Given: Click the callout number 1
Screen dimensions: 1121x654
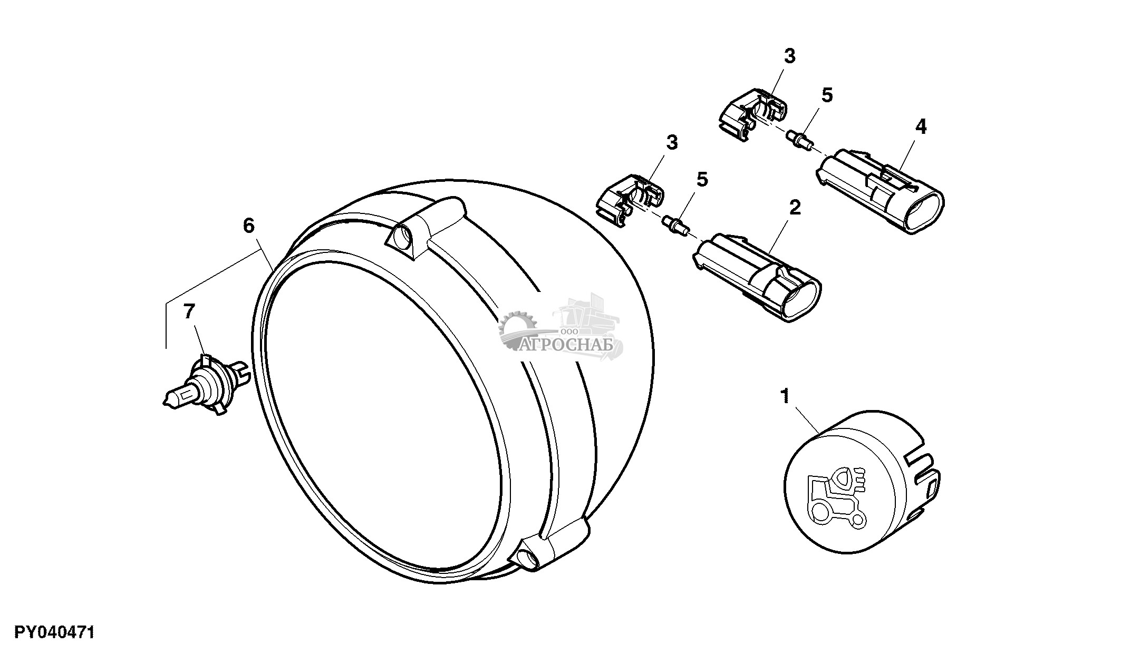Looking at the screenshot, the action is click(786, 395).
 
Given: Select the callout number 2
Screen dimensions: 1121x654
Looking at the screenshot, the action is click(795, 207).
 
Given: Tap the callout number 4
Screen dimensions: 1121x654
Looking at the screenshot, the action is click(921, 126).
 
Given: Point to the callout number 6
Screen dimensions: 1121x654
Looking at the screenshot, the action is click(249, 226).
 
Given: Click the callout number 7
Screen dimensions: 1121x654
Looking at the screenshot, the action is click(189, 311).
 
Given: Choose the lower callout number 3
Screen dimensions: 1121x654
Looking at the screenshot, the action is click(672, 143).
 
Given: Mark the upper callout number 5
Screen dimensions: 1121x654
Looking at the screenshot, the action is click(827, 95).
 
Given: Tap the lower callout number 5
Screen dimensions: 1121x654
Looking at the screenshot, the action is click(702, 179).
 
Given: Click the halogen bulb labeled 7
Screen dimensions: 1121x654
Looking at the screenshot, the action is click(203, 382).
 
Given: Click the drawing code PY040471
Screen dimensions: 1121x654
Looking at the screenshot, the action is click(54, 632).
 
